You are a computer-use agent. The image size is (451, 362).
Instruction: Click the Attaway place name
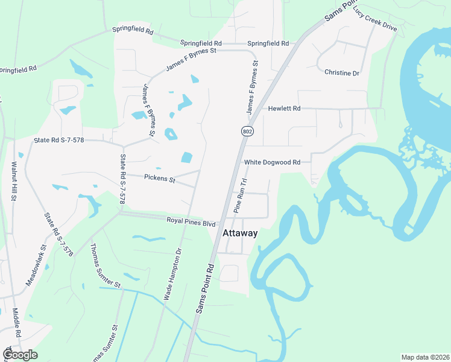pos(240,233)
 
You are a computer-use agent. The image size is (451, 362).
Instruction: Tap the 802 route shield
pos(247,131)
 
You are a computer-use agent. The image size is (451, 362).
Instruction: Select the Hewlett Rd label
pos(284,109)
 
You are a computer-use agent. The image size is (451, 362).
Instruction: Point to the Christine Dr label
pos(341,73)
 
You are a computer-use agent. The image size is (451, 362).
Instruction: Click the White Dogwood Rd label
pos(272,162)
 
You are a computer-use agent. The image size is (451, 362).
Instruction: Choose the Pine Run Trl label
pos(241,195)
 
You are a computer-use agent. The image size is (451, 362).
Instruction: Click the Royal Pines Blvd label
pos(191,222)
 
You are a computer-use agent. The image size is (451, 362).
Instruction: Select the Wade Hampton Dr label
pos(173,275)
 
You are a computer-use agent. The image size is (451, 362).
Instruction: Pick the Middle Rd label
pos(17,323)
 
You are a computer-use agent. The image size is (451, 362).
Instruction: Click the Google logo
pos(20,355)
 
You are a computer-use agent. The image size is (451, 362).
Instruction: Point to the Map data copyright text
pos(425,357)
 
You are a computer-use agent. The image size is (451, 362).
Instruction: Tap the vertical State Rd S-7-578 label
pos(122,177)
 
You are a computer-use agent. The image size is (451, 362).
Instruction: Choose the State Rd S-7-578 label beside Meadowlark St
pos(58,235)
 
